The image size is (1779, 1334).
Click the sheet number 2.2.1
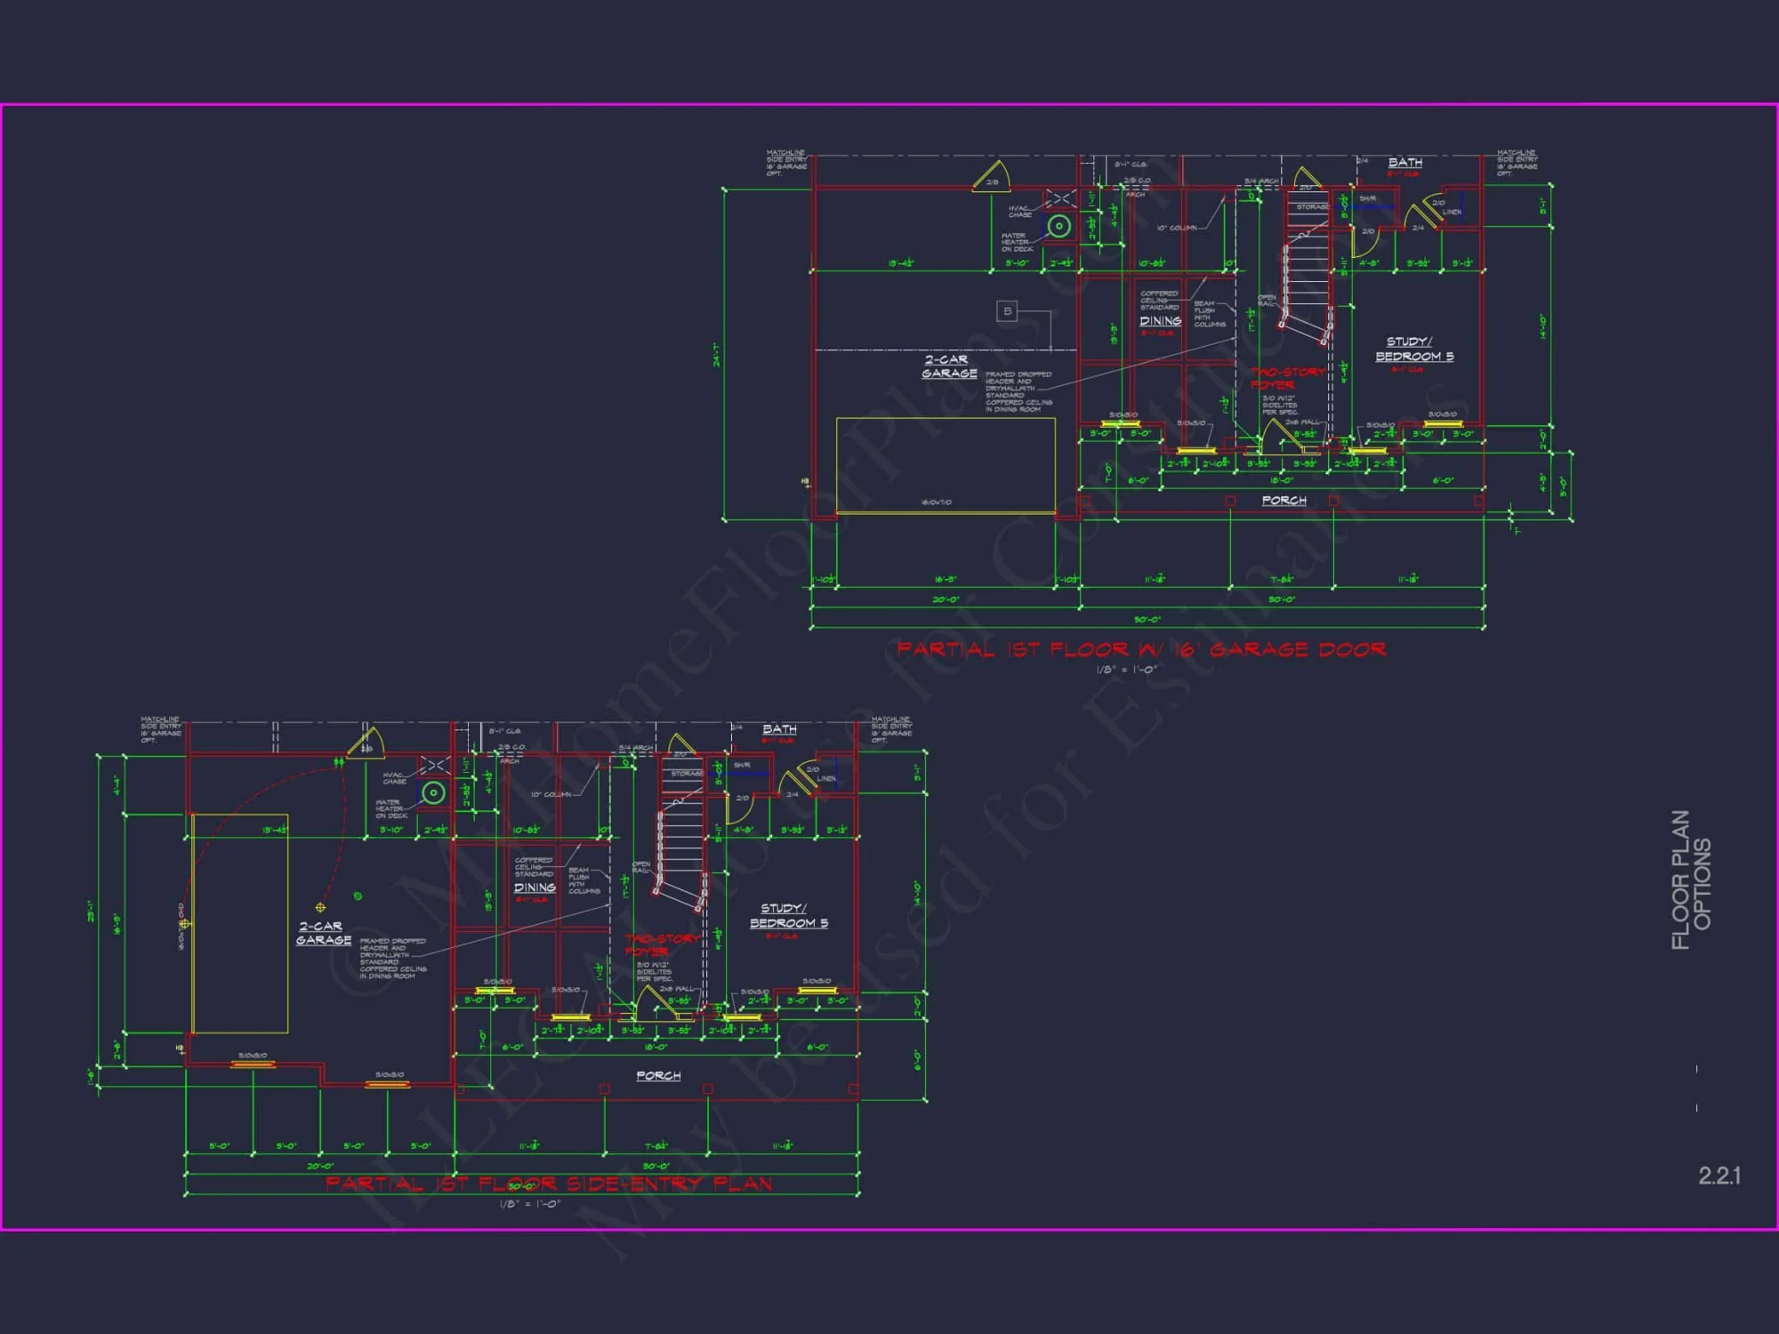click(1719, 1176)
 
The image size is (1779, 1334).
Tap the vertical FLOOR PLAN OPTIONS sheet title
click(1691, 880)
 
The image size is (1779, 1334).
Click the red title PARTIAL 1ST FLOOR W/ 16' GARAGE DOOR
click(1141, 649)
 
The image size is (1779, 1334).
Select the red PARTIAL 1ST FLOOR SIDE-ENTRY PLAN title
click(549, 1184)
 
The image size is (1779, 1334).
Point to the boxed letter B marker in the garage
click(1007, 311)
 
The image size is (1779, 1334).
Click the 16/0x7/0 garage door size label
click(936, 502)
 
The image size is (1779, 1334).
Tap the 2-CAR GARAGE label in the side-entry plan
click(323, 933)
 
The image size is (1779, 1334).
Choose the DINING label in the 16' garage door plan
click(1160, 321)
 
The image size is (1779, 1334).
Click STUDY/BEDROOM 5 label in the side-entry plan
click(788, 916)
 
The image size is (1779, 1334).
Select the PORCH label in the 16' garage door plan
click(1284, 501)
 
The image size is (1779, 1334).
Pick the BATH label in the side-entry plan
click(779, 729)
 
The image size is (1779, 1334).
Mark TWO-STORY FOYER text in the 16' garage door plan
click(1286, 378)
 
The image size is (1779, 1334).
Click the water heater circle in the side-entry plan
click(433, 792)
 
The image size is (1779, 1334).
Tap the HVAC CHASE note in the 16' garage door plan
click(1020, 212)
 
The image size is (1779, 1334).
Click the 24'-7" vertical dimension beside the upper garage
click(716, 354)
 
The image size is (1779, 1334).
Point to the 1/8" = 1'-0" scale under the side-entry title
click(529, 1204)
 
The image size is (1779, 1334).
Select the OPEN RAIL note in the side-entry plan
click(640, 867)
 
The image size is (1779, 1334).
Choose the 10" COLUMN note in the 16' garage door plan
click(1176, 228)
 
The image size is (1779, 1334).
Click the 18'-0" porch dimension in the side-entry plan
click(656, 1048)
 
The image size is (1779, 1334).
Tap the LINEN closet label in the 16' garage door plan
click(1452, 212)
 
